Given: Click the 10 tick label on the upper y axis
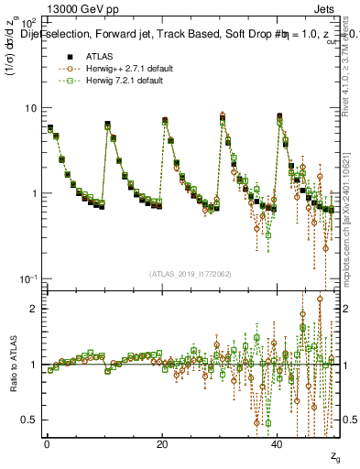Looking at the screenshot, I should click(29, 108).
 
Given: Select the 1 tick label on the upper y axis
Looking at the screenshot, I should click(33, 193).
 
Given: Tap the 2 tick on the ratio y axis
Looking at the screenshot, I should click(33, 309).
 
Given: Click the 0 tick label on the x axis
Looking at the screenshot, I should click(47, 444).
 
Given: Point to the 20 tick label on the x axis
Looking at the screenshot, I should click(162, 444).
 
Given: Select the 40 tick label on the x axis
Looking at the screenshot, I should click(278, 444).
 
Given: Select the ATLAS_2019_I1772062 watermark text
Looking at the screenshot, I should click(189, 273).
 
